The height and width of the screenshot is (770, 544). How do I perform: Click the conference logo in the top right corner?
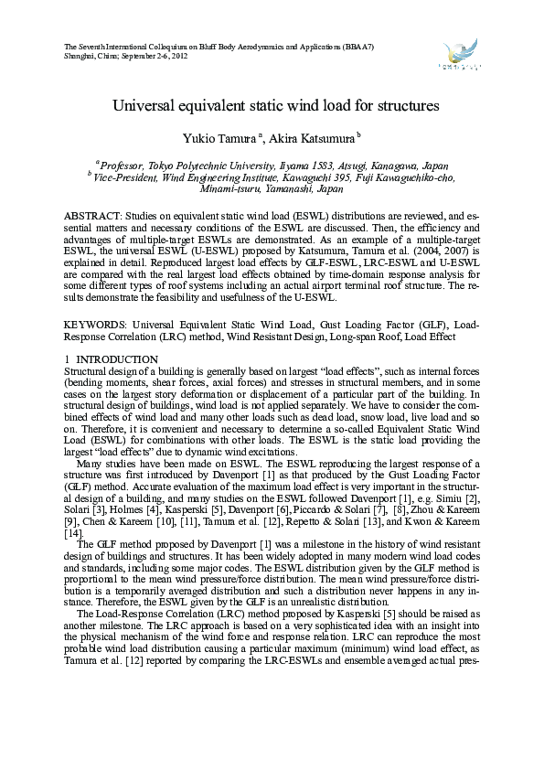[460, 55]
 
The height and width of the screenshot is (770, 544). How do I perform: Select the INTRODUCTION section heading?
[104, 359]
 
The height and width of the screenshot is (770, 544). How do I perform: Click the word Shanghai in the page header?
[80, 56]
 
